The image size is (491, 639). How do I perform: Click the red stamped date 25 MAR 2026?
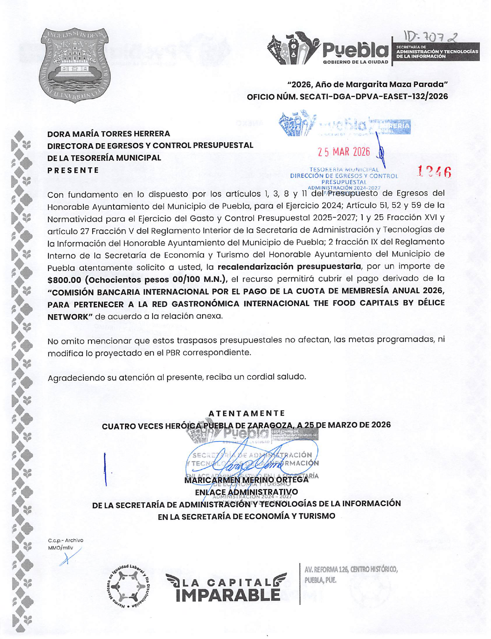tap(344, 152)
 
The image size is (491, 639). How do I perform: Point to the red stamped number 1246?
tap(434, 172)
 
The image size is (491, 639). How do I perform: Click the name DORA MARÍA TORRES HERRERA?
tap(109, 134)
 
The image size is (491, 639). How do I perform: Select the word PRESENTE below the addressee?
tap(73, 170)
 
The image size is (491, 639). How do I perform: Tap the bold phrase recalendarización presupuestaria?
tap(289, 266)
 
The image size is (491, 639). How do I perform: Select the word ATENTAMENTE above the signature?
tap(247, 413)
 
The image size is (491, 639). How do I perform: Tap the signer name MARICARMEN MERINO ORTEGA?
tap(246, 480)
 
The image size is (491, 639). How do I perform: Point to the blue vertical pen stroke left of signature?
tap(105, 469)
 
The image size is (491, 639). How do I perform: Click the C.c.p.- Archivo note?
tap(66, 540)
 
